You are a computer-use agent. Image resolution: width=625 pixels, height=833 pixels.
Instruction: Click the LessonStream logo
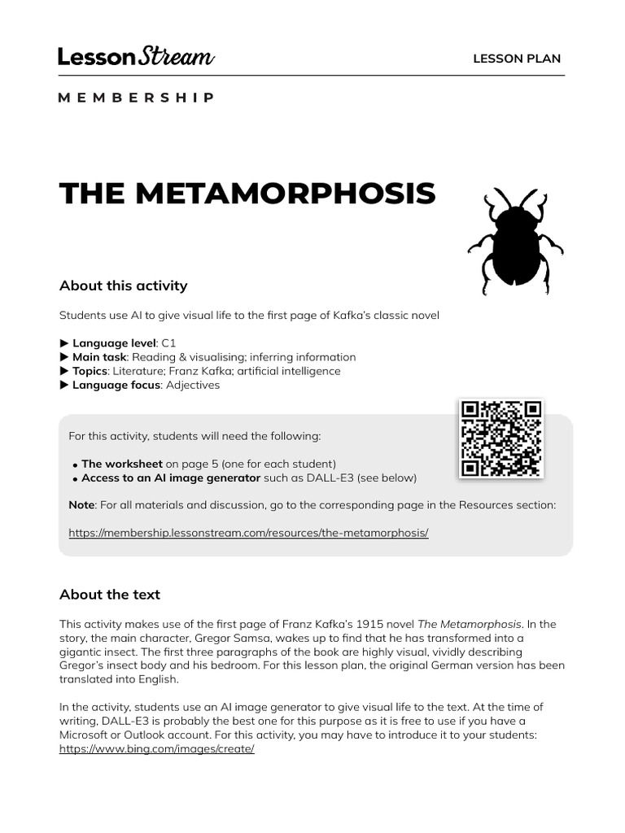[136, 57]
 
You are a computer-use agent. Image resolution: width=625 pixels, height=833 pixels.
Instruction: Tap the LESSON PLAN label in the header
[517, 59]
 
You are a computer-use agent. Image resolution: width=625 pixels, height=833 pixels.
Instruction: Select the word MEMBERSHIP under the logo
[136, 98]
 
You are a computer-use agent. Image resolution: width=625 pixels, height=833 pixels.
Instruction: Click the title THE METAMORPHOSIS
[247, 194]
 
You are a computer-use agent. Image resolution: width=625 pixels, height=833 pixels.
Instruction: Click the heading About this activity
[123, 286]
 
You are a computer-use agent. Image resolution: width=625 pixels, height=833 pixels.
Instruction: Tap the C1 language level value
[168, 343]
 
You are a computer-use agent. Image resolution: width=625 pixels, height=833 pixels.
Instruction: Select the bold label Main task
[98, 357]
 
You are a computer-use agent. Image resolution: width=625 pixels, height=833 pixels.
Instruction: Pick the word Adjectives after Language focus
[193, 385]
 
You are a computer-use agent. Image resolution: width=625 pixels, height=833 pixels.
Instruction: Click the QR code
[500, 438]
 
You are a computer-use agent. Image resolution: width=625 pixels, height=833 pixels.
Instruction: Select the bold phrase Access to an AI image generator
[171, 478]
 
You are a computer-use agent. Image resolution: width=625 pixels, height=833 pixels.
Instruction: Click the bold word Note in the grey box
[81, 505]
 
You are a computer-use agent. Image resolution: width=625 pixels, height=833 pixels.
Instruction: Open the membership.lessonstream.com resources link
[248, 533]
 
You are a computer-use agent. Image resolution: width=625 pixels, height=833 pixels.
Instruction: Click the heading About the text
[110, 595]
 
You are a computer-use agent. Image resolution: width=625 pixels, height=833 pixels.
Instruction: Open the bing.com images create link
[157, 749]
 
